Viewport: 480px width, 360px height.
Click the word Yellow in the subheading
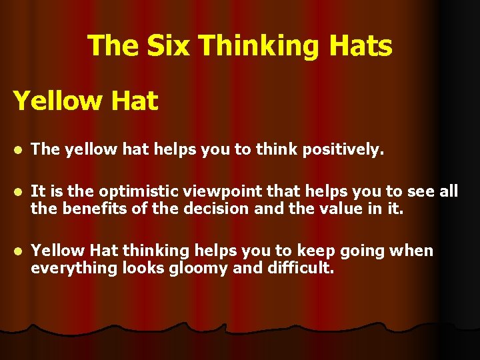pyautogui.click(x=55, y=101)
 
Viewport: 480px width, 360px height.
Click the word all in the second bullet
pyautogui.click(x=448, y=192)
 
